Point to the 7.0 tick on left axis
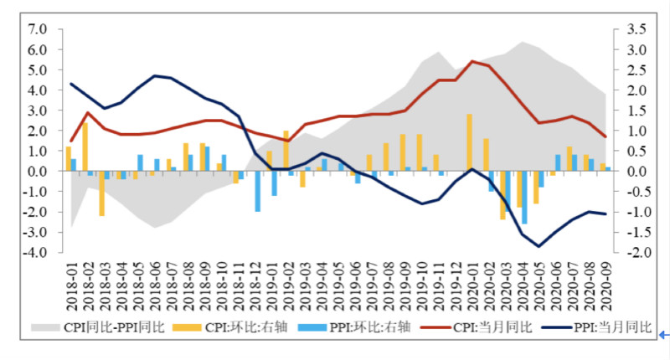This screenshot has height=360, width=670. click(39, 29)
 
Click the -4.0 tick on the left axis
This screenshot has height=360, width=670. click(36, 253)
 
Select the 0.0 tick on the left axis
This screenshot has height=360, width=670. click(39, 172)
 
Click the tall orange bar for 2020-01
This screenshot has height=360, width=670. click(469, 142)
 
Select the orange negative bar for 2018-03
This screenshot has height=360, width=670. click(101, 193)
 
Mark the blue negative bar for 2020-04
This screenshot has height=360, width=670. click(525, 197)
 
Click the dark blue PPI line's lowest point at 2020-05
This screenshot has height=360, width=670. click(539, 246)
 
